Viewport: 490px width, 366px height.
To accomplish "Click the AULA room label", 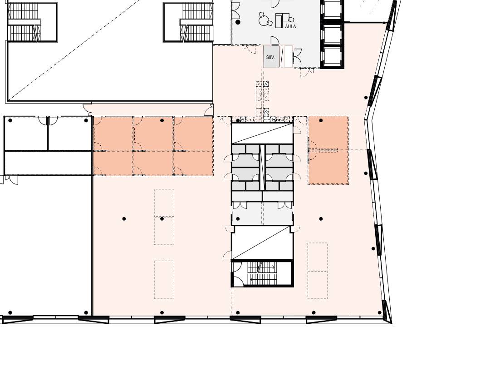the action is tap(290, 27).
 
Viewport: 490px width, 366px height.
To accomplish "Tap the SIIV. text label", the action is tap(270, 58).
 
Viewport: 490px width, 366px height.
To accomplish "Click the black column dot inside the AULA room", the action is tap(238, 22).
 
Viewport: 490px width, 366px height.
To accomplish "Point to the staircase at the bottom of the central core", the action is tap(262, 273).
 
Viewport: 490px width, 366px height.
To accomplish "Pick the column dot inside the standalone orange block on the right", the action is tap(321, 120).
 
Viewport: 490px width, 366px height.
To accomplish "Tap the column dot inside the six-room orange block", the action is tap(162, 120).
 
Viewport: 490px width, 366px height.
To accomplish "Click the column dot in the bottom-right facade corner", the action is tap(380, 312).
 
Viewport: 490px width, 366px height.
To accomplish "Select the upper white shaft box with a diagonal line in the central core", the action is tap(262, 134).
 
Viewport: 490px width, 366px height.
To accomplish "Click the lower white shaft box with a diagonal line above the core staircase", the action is tap(262, 243).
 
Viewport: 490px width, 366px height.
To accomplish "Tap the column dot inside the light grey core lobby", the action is tap(238, 219).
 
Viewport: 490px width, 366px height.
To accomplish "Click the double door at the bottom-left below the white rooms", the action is tap(9, 179).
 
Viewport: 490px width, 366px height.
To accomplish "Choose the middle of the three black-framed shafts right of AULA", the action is tap(332, 35).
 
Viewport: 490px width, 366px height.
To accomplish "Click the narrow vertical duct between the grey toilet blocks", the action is tap(263, 167).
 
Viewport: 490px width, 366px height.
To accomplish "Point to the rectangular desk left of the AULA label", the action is tap(279, 20).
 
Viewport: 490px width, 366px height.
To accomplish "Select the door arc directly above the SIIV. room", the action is tap(274, 40).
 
